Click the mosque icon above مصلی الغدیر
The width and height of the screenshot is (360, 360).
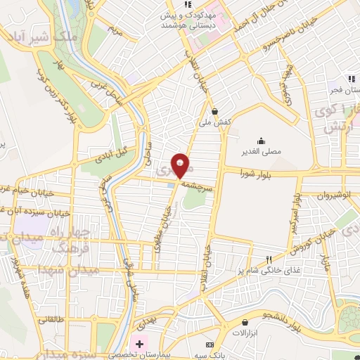261,141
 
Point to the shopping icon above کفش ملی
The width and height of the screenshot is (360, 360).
214,111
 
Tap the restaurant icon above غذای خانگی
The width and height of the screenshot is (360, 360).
267,259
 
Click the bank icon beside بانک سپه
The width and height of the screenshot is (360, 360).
209,346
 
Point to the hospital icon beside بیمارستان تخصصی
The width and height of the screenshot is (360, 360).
140,345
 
